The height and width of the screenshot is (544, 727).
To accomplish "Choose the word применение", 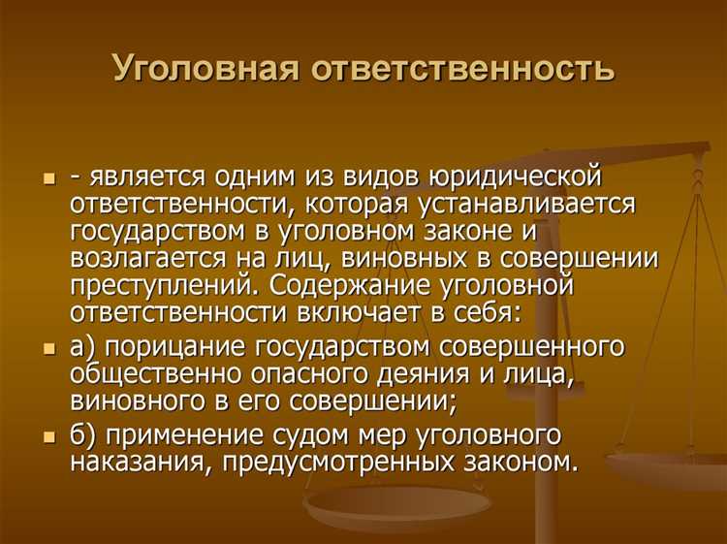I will (178, 434).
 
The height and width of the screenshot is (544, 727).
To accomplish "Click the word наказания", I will (140, 462).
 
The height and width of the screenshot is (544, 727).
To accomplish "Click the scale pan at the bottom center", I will (398, 504).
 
